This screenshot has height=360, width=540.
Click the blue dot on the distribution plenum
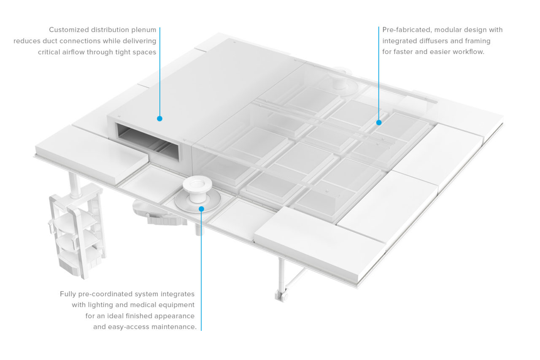[159, 119]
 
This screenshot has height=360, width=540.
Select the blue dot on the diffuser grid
[379, 122]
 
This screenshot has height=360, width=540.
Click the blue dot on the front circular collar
[202, 209]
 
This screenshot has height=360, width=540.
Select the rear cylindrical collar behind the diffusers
[340, 80]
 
